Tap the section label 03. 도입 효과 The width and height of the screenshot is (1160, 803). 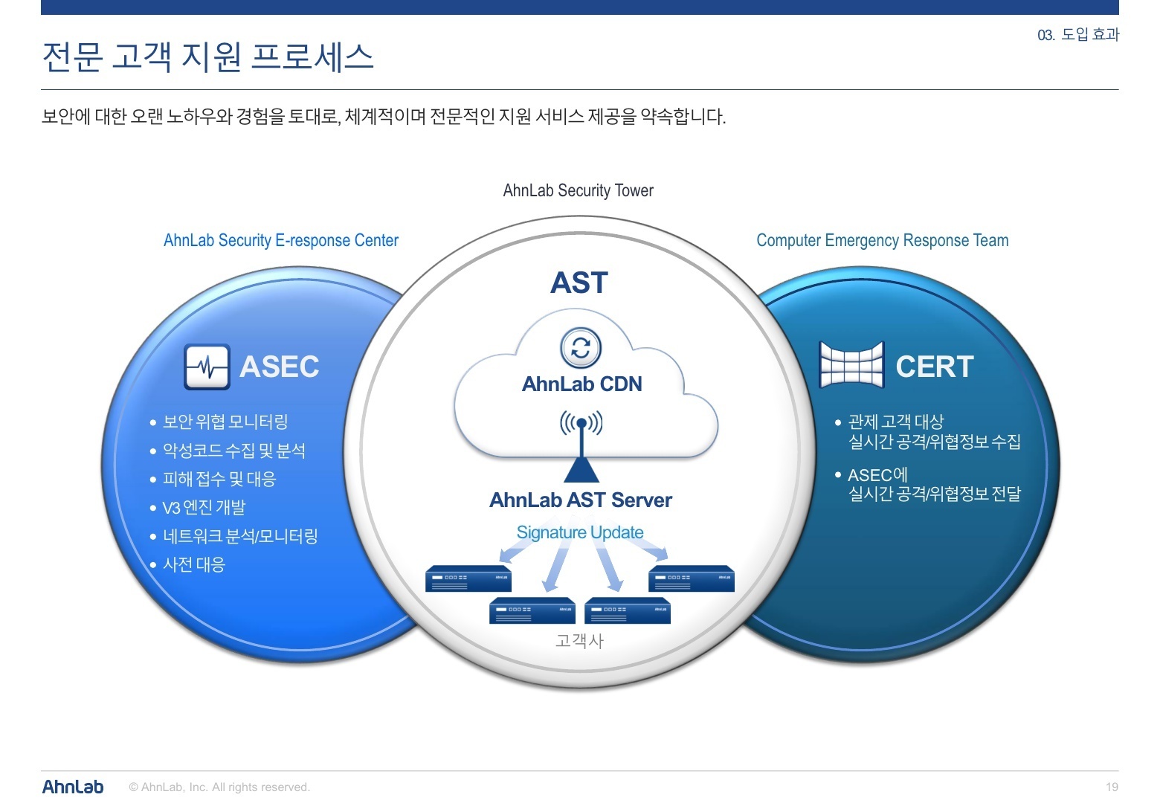coord(1078,35)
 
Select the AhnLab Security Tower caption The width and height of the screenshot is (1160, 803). coord(578,190)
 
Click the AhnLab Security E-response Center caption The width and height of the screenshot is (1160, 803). coord(281,240)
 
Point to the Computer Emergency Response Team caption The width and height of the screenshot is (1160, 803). coord(883,240)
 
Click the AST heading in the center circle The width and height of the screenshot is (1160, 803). coord(579,283)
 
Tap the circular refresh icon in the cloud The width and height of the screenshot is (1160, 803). coord(581,348)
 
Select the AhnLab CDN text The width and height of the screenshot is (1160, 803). coord(581,384)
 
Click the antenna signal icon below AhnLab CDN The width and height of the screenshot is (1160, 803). coord(581,423)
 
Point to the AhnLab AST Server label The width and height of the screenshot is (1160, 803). coord(581,500)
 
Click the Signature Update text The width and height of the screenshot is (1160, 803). coord(580,532)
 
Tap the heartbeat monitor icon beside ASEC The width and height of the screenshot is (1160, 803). coord(207,367)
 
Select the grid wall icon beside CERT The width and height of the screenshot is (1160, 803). coord(851,364)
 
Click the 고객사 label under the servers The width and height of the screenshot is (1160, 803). coord(579,641)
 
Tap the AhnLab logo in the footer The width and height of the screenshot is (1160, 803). coord(73,787)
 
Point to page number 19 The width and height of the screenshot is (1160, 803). coord(1112,787)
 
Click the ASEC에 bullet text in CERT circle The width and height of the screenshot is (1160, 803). coord(877,475)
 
